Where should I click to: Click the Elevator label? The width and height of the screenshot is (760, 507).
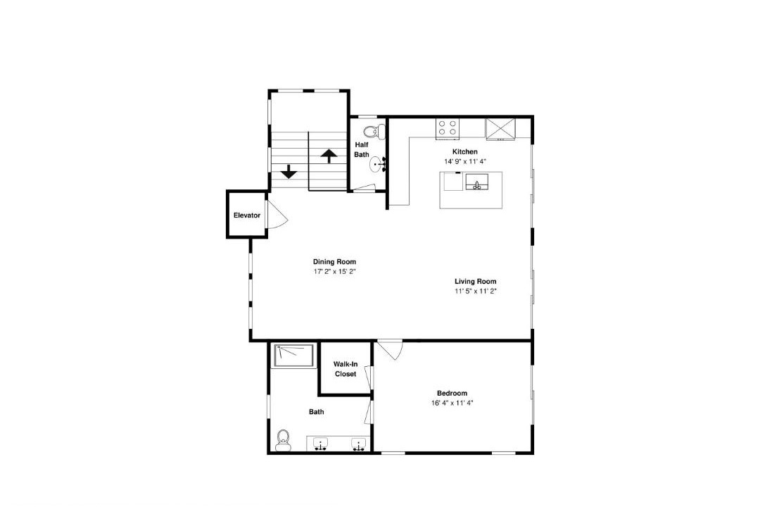click(247, 215)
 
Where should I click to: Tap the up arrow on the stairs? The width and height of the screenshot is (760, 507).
click(329, 156)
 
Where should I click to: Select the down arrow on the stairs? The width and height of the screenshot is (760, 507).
click(289, 171)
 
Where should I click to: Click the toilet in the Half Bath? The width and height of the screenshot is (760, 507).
click(374, 131)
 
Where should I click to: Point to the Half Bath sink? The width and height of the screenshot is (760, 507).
click(376, 165)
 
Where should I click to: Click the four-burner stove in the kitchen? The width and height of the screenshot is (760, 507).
click(448, 127)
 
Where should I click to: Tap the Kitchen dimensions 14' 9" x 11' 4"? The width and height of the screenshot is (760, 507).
click(465, 161)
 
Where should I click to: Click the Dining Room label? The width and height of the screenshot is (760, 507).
click(334, 262)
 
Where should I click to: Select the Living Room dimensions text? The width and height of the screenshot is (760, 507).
click(476, 291)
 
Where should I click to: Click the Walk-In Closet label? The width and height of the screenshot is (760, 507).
click(346, 369)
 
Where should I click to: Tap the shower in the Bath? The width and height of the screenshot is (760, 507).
click(294, 356)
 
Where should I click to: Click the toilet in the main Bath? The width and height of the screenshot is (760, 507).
click(283, 441)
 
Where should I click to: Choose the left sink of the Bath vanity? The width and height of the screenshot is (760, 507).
click(320, 444)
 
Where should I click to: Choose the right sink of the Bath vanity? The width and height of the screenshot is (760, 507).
click(359, 444)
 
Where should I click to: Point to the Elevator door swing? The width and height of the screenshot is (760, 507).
click(277, 214)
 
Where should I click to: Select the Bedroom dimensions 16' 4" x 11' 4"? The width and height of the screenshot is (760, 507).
click(452, 403)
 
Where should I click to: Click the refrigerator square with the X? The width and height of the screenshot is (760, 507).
click(501, 128)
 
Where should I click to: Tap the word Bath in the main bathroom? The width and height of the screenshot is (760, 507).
click(317, 412)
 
